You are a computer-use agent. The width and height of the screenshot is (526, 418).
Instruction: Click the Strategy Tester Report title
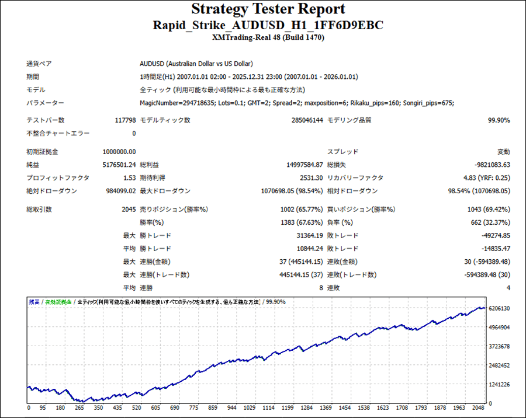268,10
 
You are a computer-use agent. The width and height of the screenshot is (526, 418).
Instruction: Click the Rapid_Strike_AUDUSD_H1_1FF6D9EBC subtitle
268,26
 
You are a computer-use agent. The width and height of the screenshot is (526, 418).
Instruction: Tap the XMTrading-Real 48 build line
268,38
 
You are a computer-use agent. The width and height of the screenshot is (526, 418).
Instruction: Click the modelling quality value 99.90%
499,120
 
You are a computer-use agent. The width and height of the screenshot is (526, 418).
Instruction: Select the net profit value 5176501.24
119,165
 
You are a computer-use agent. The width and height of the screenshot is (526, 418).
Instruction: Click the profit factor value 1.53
130,178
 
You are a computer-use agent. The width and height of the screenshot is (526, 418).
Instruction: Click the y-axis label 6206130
499,308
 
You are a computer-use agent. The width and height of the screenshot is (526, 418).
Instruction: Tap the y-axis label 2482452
499,365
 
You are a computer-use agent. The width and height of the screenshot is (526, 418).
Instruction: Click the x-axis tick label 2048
479,408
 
